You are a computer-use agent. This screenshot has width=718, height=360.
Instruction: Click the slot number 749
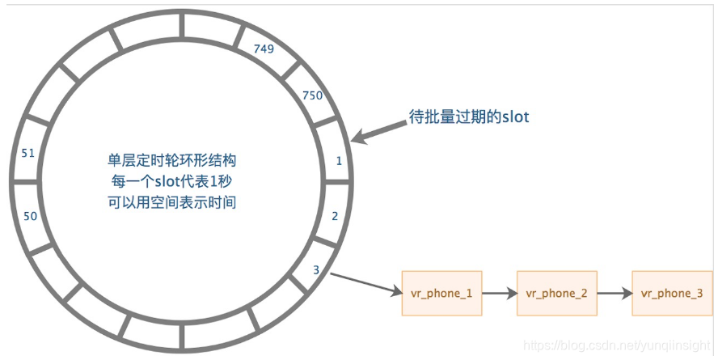(264, 49)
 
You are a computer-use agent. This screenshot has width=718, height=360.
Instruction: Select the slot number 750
(312, 95)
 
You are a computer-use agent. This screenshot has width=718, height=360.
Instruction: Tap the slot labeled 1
(339, 160)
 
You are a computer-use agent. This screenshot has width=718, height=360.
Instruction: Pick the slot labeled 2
(335, 216)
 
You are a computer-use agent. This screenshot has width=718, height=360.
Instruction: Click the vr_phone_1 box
(441, 293)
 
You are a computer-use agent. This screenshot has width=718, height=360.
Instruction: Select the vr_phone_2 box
(556, 293)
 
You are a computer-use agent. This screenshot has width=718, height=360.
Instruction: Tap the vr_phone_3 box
(671, 293)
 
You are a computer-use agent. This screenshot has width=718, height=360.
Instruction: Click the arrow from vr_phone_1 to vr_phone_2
(499, 293)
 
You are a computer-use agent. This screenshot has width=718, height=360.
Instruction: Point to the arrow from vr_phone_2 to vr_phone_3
(614, 293)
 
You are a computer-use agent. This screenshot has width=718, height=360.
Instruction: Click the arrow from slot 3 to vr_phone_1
(365, 282)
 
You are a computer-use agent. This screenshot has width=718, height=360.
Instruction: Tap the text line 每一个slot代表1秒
(171, 180)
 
